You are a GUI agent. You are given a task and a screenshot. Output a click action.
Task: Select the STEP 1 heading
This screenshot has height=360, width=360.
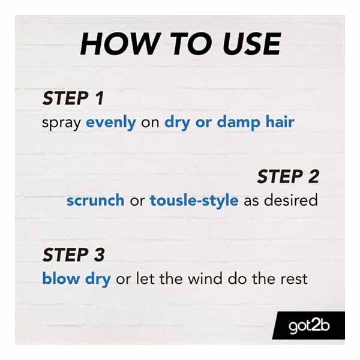72,98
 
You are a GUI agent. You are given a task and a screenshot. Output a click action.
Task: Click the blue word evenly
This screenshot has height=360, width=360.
110,122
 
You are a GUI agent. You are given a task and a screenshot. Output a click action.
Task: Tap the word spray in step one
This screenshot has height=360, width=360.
62,123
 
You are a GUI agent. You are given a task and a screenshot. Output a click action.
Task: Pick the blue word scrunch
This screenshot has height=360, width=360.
95,200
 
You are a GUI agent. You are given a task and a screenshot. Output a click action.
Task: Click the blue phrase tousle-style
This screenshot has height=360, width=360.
194,200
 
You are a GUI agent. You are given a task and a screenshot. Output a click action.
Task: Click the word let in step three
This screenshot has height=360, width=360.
144,279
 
